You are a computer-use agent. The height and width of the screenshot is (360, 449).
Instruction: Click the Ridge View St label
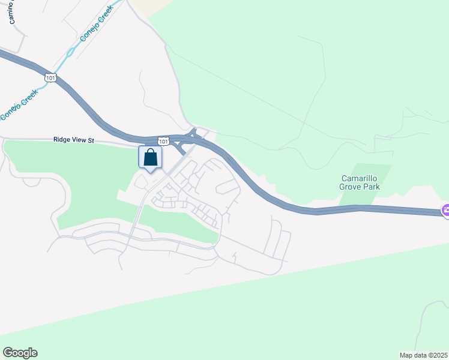coord(74,140)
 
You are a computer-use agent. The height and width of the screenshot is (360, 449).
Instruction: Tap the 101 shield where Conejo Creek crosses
coord(50,77)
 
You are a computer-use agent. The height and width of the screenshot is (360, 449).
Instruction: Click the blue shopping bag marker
coord(150,158)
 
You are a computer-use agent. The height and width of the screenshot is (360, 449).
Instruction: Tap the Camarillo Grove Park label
coord(360,182)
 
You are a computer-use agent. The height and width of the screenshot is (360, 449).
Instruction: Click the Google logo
coord(20,353)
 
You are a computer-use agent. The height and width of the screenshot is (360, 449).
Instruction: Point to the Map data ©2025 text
coord(423,355)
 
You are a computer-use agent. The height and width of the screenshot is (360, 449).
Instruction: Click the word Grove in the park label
coord(352,187)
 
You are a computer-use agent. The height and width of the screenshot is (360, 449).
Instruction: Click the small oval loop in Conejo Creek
coord(70,52)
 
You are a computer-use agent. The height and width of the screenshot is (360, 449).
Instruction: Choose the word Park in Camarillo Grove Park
coord(372,187)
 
